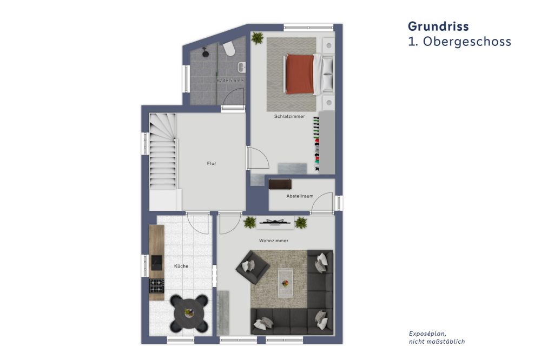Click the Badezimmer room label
click(230, 81)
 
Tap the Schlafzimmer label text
click(289, 116)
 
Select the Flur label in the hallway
click(212, 163)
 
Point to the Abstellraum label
click(300, 196)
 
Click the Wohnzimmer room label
click(273, 241)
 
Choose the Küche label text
click(181, 266)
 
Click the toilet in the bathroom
click(229, 49)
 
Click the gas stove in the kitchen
click(156, 285)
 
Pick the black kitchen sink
click(156, 263)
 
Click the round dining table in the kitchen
click(189, 312)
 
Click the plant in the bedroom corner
click(258, 38)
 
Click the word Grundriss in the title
click(438, 26)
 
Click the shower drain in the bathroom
click(206, 52)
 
